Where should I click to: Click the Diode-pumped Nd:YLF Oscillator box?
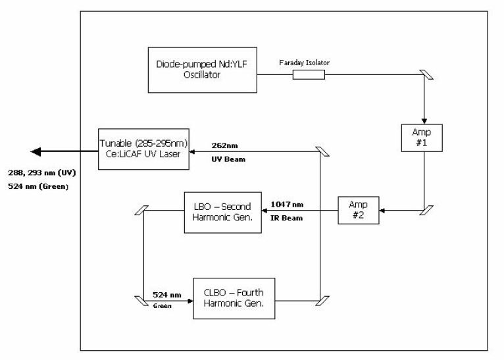(202, 69)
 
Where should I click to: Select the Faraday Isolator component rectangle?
(309, 75)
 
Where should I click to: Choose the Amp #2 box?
(359, 211)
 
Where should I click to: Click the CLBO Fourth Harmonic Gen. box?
(234, 298)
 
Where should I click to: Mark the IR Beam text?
(287, 218)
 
